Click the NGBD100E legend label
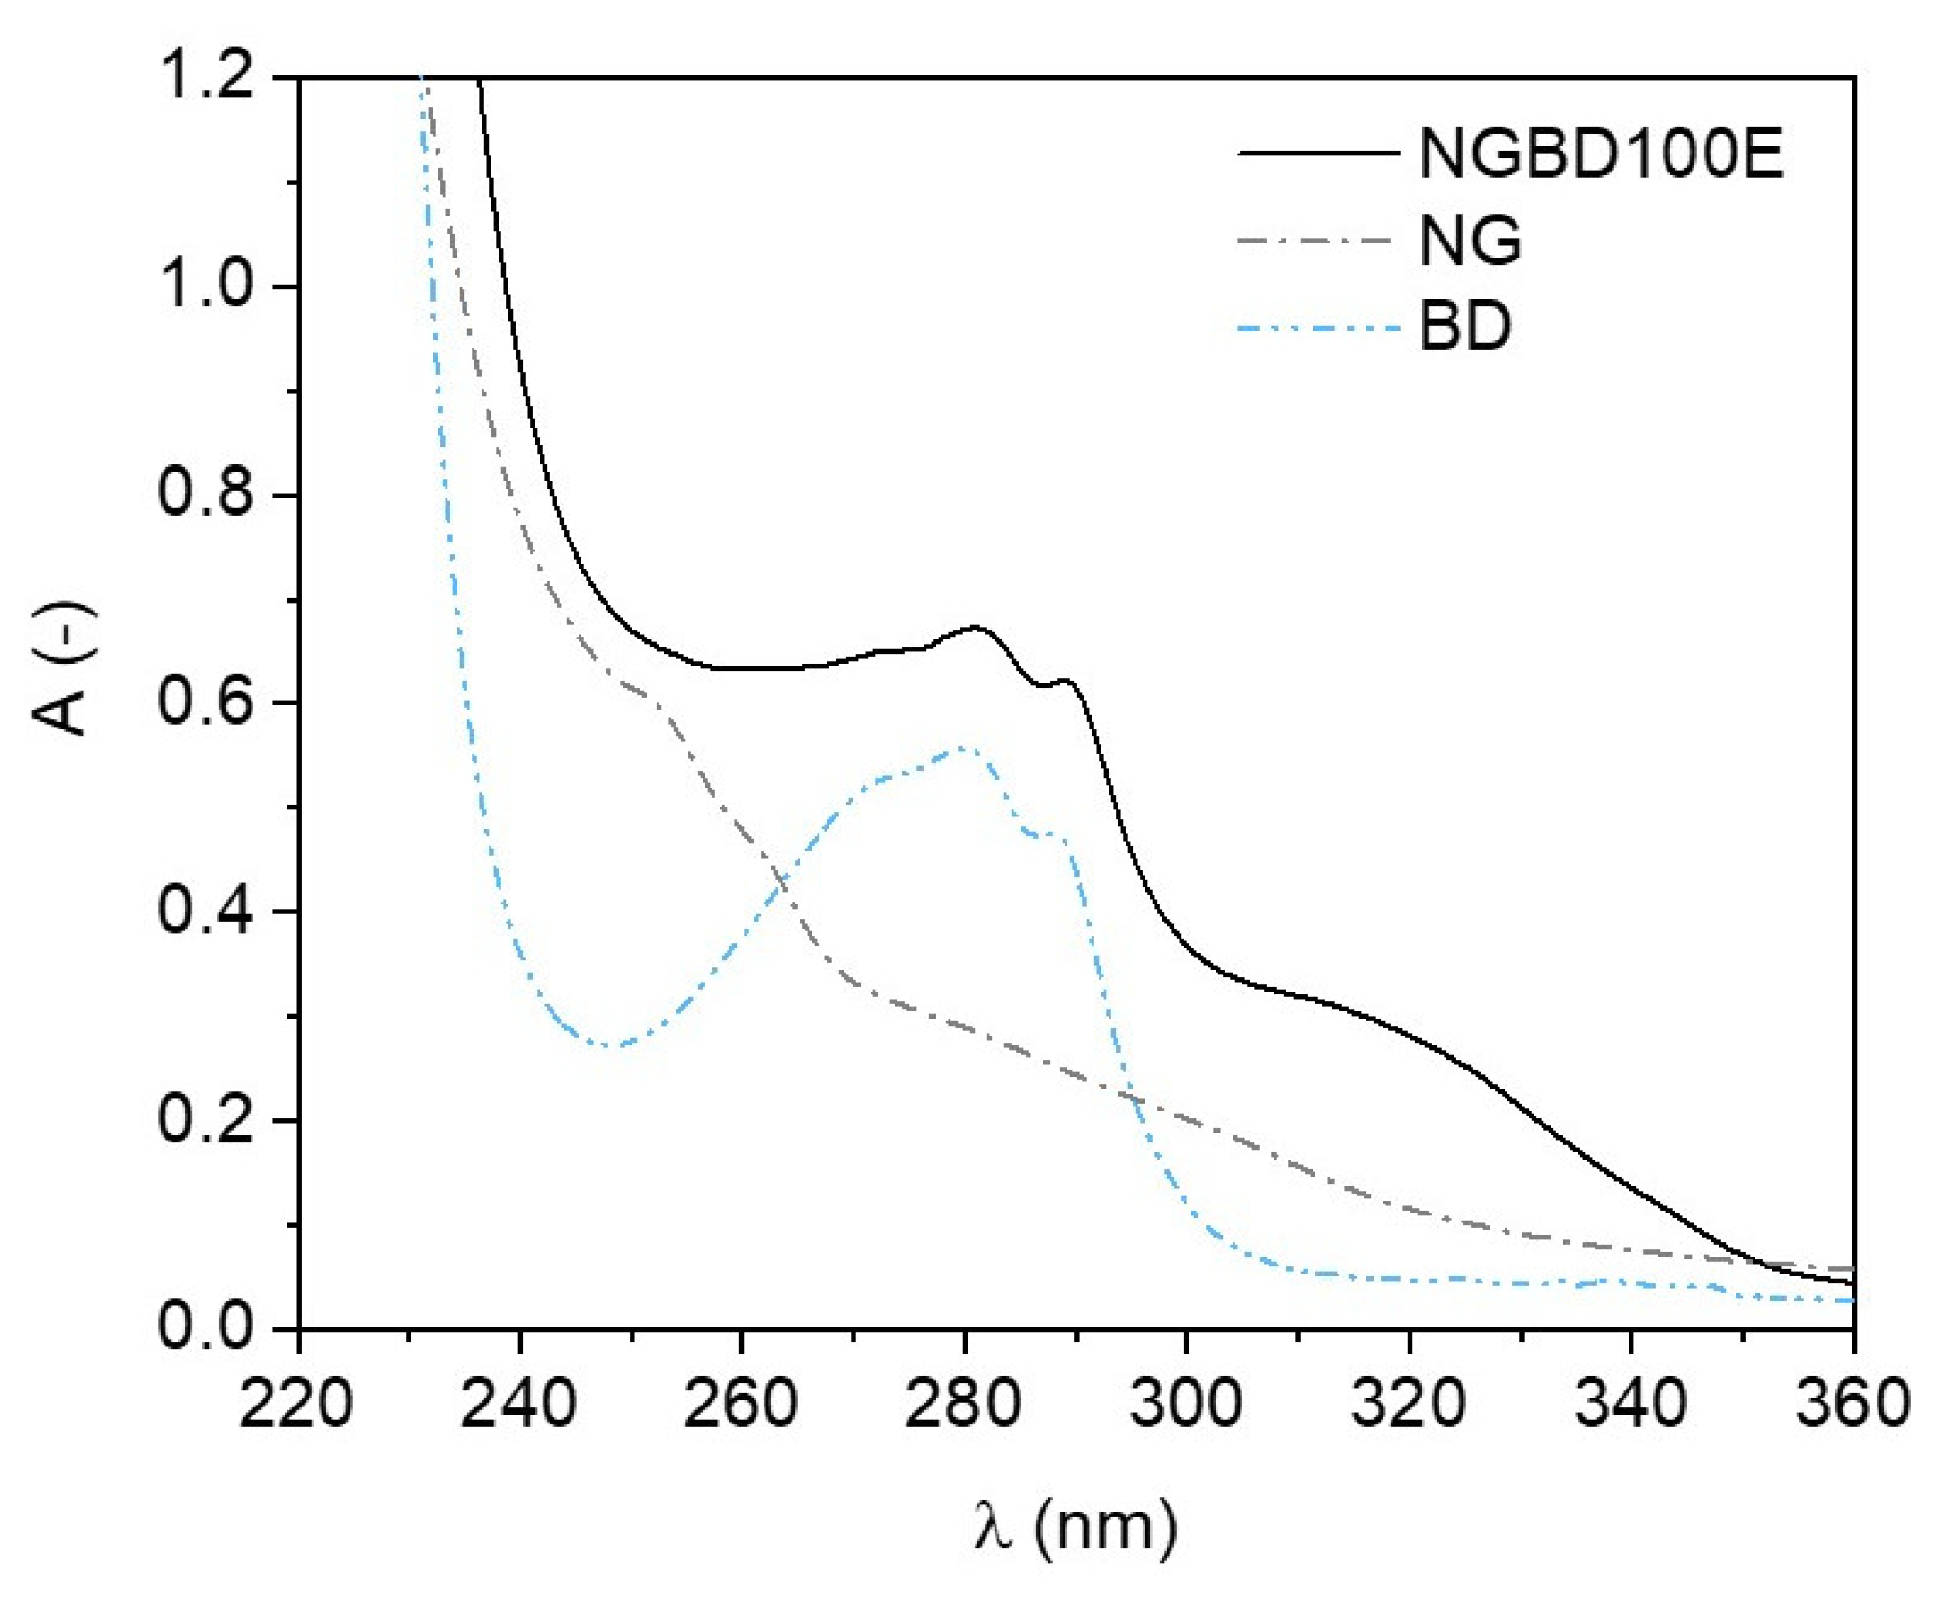[1600, 153]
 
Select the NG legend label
[1470, 242]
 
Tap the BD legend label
[1465, 326]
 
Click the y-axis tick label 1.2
[204, 77]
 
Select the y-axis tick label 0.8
[204, 495]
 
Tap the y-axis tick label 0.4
[204, 912]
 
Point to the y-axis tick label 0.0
[204, 1327]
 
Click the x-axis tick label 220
[296, 1405]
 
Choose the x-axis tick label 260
[741, 1405]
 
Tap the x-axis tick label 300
[1187, 1405]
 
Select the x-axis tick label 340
[1631, 1405]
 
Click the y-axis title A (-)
[65, 669]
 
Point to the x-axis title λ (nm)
[1075, 1526]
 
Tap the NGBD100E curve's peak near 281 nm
[975, 627]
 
